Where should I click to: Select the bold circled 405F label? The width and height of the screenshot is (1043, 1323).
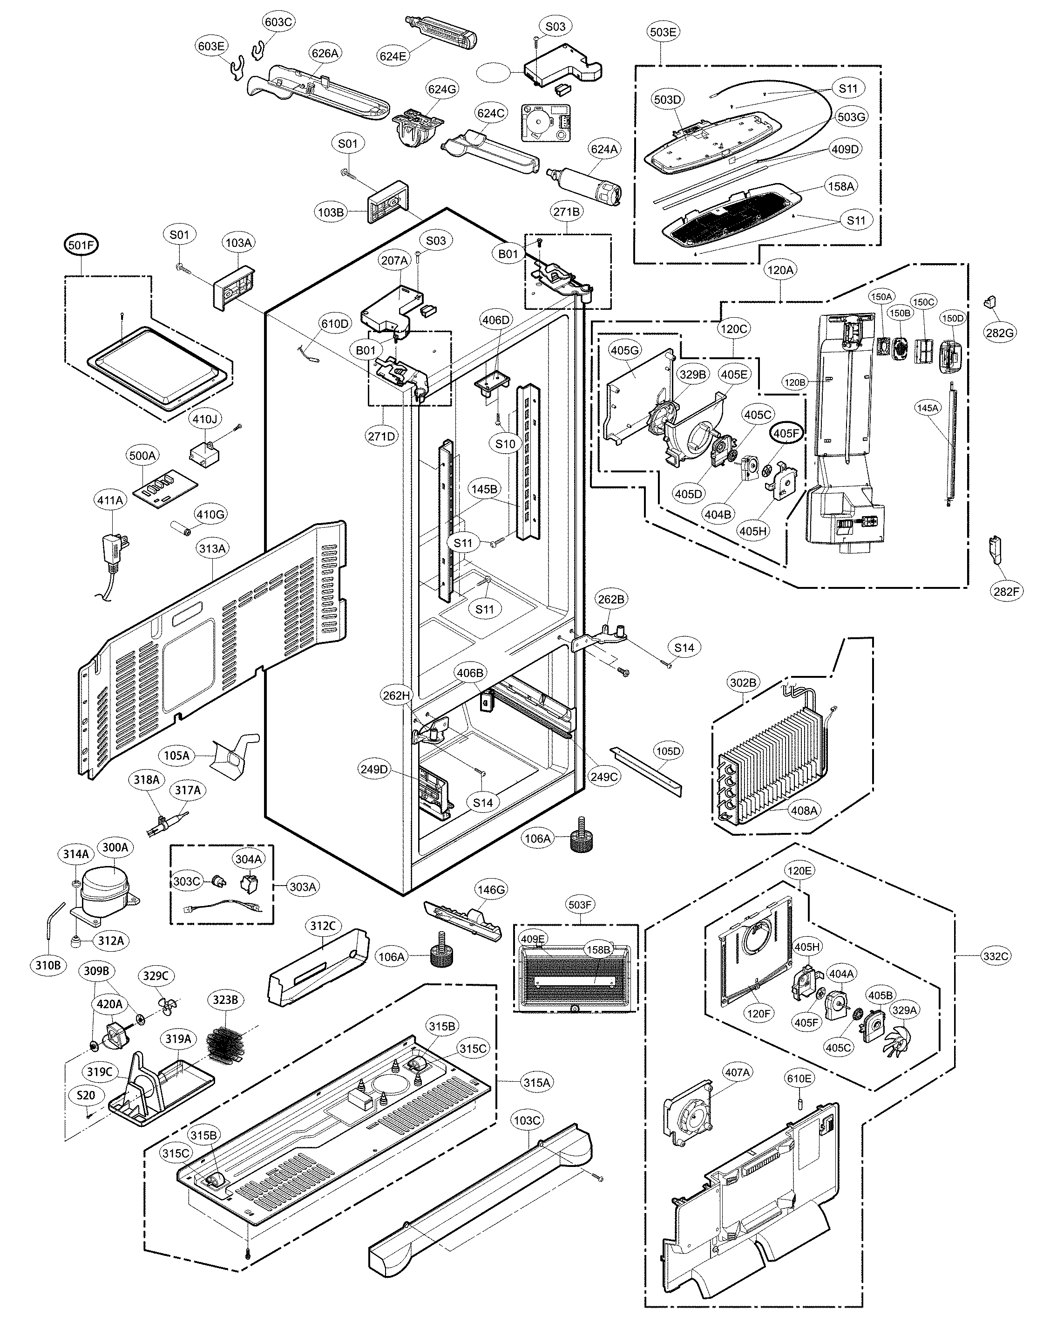pos(786,433)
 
